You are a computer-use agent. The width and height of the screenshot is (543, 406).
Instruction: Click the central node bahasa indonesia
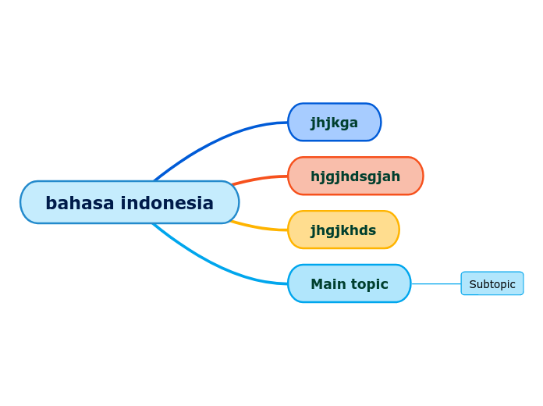pos(130,202)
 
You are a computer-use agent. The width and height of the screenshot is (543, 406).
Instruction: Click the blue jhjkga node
pos(334,123)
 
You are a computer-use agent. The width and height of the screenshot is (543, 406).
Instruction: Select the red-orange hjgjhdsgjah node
pos(355,176)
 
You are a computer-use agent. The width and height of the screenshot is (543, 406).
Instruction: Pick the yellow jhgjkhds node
pos(343,230)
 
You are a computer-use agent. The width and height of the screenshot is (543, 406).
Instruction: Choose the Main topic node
pos(349,283)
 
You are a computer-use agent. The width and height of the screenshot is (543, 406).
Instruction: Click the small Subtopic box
pos(492,283)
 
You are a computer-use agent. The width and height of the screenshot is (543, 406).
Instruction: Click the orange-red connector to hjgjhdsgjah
pos(257,179)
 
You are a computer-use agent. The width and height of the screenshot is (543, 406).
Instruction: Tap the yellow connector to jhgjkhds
pos(257,228)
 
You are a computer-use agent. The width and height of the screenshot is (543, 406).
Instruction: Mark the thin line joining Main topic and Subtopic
pos(435,283)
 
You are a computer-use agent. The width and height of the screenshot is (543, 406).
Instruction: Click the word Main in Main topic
pos(327,284)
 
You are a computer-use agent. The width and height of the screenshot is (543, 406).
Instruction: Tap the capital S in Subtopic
pos(473,284)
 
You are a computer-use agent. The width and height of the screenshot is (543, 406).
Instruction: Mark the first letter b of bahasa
pos(51,203)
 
